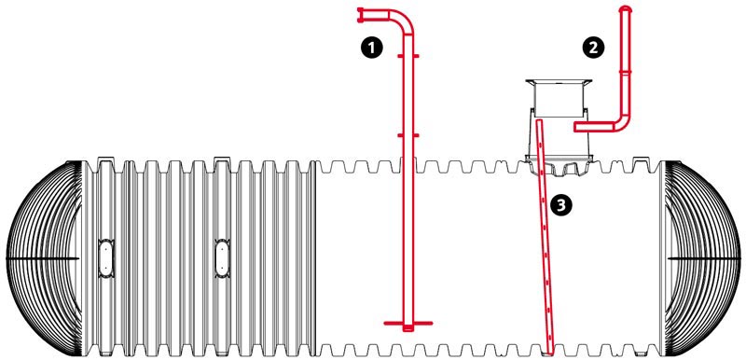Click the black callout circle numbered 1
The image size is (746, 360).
pyautogui.click(x=371, y=48)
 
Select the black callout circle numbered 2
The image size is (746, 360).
pyautogui.click(x=593, y=48)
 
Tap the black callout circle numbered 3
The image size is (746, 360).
pyautogui.click(x=561, y=205)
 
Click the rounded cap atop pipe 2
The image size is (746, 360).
pyautogui.click(x=626, y=8)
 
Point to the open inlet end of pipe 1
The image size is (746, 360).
pyautogui.click(x=360, y=15)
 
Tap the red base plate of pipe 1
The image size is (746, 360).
pyautogui.click(x=408, y=324)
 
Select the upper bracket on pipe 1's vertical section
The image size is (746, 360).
pyautogui.click(x=408, y=56)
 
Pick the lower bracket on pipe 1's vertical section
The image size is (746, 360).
pyautogui.click(x=408, y=135)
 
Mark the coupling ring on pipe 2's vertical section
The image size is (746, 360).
pyautogui.click(x=626, y=72)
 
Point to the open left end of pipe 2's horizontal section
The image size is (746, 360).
pyautogui.click(x=575, y=127)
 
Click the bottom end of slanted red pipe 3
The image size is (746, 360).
pyautogui.click(x=550, y=352)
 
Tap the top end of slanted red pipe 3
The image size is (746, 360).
pyautogui.click(x=539, y=122)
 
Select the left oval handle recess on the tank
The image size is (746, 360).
pyautogui.click(x=104, y=257)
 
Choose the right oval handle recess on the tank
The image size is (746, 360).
pyautogui.click(x=222, y=257)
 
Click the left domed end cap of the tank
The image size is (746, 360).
pyautogui.click(x=44, y=258)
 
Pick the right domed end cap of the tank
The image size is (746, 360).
pyautogui.click(x=703, y=258)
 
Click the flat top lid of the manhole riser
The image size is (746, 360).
pyautogui.click(x=559, y=82)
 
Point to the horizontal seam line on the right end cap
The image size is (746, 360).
pyautogui.click(x=704, y=258)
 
